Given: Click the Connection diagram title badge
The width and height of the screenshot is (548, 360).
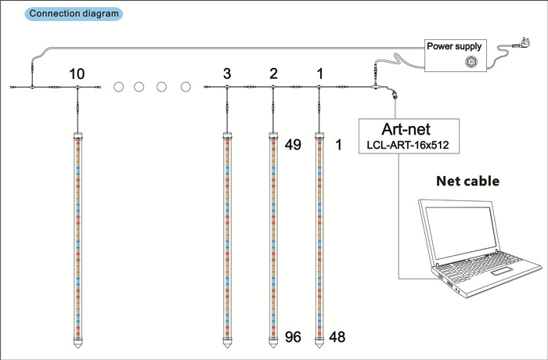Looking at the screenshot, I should (x=74, y=14).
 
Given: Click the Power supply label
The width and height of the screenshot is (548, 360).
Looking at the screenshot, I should (x=454, y=45).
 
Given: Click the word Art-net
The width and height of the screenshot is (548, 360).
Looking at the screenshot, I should (x=407, y=128).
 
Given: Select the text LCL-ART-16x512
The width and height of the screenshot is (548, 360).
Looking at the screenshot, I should (x=407, y=145).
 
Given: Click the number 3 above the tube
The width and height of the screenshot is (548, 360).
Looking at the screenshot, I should (x=226, y=74).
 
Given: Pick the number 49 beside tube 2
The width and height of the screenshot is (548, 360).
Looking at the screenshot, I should (x=294, y=145).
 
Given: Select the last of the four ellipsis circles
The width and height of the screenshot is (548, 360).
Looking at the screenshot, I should (x=186, y=86).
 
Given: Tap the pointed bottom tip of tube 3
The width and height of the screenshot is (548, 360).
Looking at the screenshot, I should (x=226, y=344).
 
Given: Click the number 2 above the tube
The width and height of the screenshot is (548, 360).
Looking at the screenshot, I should (x=273, y=74).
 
